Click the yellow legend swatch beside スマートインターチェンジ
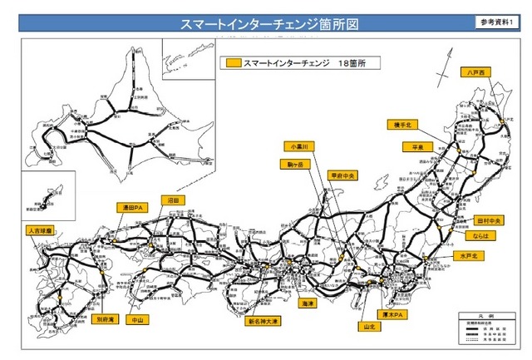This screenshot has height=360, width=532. (x=233, y=62)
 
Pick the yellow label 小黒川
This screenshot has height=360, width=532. (x=297, y=145)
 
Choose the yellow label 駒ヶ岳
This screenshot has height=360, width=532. (x=294, y=165)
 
